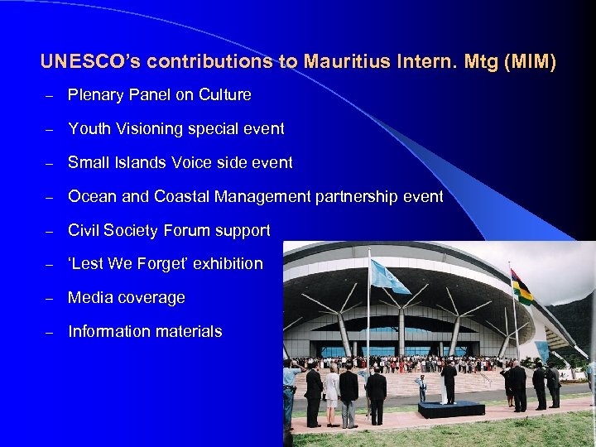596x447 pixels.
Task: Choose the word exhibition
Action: [x=224, y=264]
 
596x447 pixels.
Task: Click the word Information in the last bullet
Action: [x=107, y=332]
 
